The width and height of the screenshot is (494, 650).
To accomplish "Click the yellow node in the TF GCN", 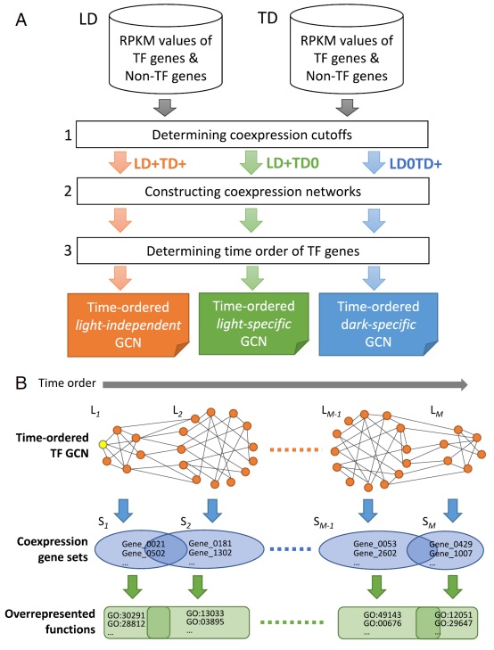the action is point(103,444).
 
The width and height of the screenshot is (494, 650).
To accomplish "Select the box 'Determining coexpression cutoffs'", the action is point(252,135).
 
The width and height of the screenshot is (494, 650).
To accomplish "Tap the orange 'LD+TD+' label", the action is point(160,164).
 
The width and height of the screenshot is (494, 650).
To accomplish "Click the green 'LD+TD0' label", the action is point(292,163).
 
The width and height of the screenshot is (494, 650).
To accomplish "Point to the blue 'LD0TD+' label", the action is point(416,164).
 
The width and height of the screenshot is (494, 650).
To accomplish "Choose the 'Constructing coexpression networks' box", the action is point(253,191).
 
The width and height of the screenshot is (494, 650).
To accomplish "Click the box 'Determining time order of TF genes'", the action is point(253,251).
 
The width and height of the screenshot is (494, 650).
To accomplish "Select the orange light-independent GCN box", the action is point(128,325).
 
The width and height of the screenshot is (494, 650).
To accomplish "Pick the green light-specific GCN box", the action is point(253,324).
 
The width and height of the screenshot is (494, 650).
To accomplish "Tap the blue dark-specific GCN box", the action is point(378,325).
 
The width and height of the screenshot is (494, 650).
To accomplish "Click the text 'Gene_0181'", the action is point(210,544).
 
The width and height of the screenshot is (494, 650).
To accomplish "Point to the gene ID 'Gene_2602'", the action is point(375,553).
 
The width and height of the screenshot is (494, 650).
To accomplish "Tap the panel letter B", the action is point(21,383).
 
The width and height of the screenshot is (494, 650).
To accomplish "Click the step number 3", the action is point(68,251).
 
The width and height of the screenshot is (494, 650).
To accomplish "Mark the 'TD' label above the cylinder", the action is point(268,18).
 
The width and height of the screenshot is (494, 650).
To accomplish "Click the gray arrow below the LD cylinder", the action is point(165,107).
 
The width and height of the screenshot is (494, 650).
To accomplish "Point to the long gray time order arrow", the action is point(285,384).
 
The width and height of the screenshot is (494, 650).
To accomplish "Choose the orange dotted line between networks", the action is point(295,449).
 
